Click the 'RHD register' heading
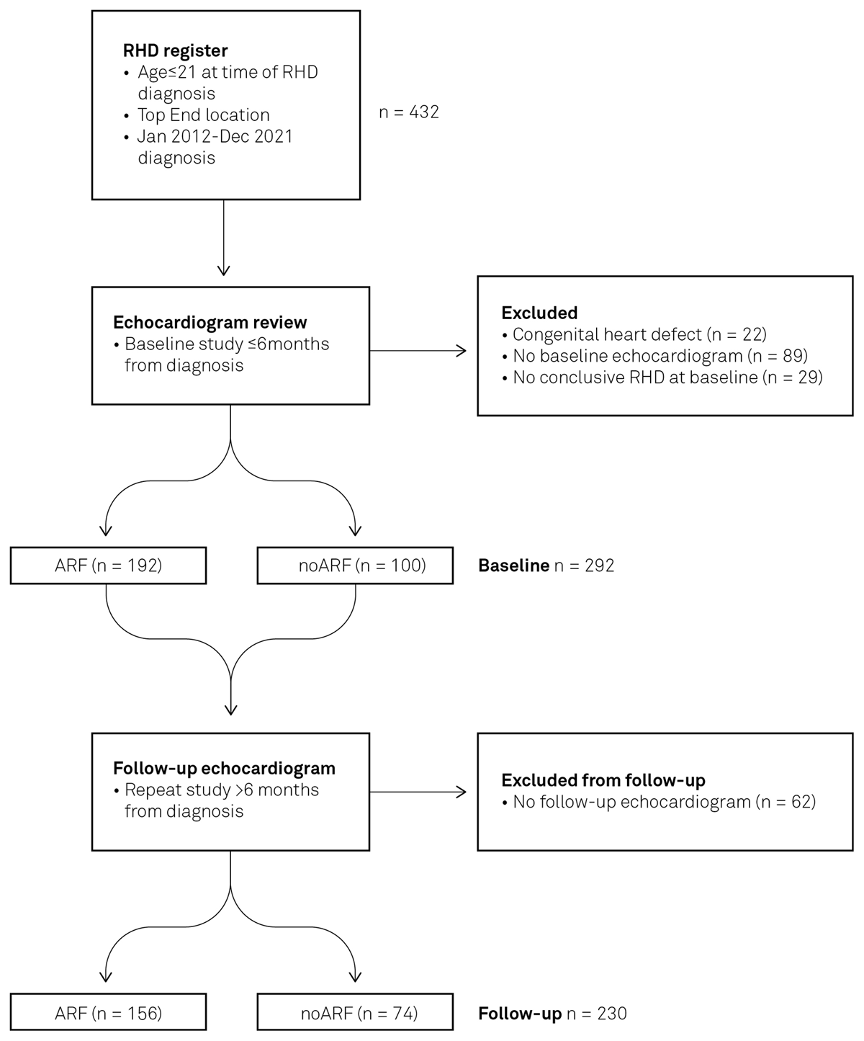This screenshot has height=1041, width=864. [x=175, y=50]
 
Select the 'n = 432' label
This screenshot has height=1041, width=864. [x=409, y=112]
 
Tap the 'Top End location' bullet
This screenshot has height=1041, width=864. [x=204, y=115]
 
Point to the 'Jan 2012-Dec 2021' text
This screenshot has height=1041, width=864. [x=215, y=137]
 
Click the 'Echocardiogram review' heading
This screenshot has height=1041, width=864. [x=210, y=322]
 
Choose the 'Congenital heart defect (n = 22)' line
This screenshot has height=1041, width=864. [x=639, y=334]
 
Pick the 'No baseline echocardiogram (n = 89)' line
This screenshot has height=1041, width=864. [x=660, y=356]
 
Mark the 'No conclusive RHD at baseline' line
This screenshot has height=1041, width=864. [x=667, y=377]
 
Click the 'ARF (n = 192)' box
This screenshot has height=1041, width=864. [x=108, y=566]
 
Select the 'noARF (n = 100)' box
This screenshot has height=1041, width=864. [x=355, y=566]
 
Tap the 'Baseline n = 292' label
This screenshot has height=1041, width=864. [x=546, y=566]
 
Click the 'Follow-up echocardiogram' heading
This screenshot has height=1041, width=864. [x=224, y=768]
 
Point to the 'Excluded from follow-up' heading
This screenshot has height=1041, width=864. [x=603, y=780]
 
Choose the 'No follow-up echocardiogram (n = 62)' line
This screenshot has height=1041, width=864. [x=664, y=802]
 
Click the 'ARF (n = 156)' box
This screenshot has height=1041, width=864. [x=108, y=1014]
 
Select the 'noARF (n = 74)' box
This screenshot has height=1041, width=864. [x=355, y=1014]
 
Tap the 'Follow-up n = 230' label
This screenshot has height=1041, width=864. [x=552, y=1014]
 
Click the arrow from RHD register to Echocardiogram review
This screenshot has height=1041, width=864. [x=224, y=238]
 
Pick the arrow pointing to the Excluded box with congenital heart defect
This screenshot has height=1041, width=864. [x=418, y=351]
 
